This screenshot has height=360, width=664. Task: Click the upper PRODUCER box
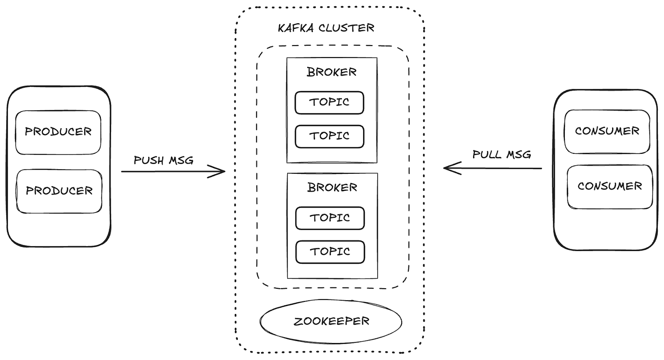coord(58,132)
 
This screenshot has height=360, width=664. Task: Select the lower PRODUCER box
coord(59,191)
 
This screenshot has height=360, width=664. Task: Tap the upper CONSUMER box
coord(607,131)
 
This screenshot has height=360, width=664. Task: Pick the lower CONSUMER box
coord(609,186)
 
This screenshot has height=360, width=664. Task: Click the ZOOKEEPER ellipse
coord(331,321)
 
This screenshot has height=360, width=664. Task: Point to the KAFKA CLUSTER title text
coord(326,28)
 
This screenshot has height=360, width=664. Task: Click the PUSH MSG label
coord(164,161)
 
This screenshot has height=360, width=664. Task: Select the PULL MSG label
coord(502,155)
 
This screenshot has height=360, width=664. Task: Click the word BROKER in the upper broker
coord(332,72)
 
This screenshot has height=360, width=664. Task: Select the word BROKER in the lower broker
coord(332,187)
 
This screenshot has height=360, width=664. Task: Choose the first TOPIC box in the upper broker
coord(329,102)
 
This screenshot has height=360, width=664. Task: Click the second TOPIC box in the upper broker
coord(329,136)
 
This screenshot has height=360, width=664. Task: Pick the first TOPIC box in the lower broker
coord(330,218)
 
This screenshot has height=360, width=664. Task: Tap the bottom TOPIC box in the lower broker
coord(330,252)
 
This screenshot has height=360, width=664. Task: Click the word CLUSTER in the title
coord(346,28)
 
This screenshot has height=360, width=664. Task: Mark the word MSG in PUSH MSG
coord(181,161)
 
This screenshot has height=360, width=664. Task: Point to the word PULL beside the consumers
coord(487,155)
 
